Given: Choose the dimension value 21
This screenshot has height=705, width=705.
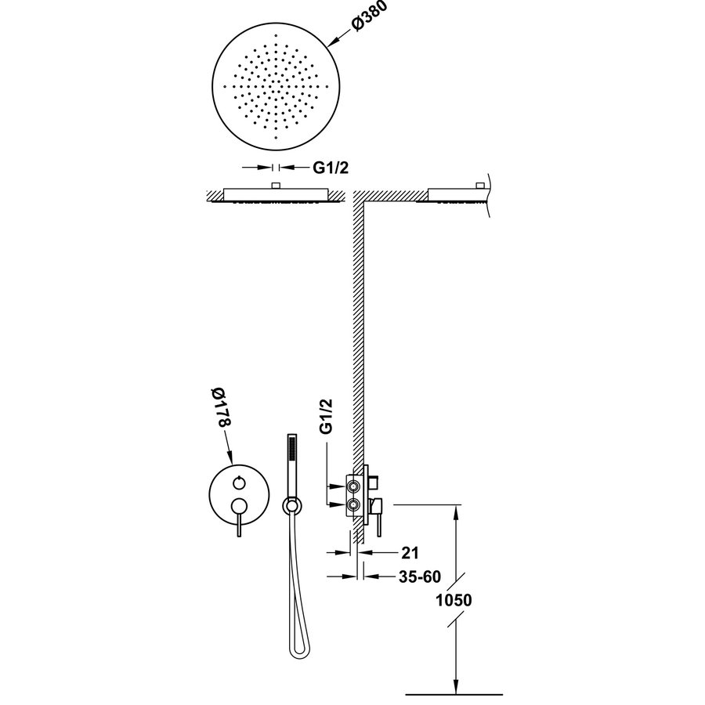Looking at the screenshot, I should [x=407, y=553].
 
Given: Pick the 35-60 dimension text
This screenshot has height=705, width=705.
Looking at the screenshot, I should [x=420, y=577].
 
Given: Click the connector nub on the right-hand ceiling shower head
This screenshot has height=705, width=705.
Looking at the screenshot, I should [x=477, y=186].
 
